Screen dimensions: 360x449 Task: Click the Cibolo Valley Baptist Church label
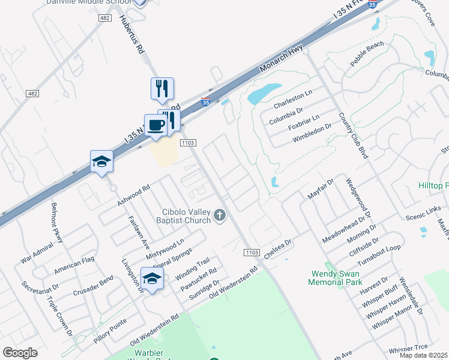coord(187,216)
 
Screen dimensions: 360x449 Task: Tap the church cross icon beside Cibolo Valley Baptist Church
coord(220,215)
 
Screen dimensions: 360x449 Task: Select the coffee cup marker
coord(156,125)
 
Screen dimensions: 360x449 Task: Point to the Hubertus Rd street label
coord(133,32)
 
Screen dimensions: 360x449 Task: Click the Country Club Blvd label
coord(352,135)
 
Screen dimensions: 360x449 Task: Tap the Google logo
coord(20,353)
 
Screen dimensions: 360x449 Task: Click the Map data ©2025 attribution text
coord(423,355)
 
